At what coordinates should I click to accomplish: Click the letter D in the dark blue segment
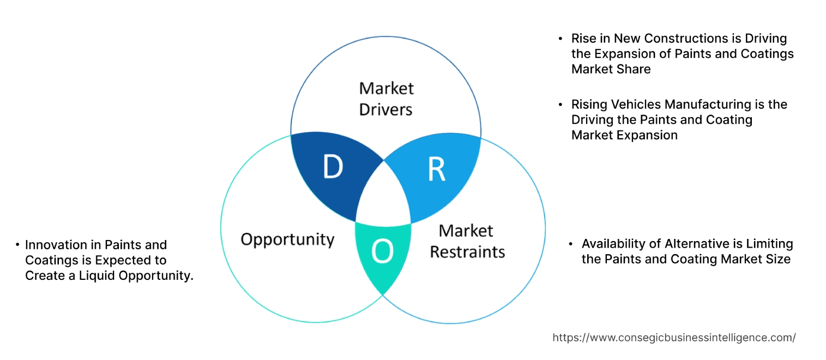(333, 167)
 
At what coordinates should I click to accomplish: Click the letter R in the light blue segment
(436, 170)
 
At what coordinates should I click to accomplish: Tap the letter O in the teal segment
(382, 251)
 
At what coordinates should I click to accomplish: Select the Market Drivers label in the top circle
(386, 99)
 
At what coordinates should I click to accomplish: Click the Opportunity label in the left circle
(287, 239)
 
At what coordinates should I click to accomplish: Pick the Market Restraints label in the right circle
(467, 241)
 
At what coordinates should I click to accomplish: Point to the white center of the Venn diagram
(384, 200)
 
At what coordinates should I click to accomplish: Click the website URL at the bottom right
(674, 338)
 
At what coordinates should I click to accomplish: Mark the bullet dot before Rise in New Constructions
(560, 39)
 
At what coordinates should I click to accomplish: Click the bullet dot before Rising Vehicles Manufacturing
(560, 105)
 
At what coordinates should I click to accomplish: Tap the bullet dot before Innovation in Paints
(18, 245)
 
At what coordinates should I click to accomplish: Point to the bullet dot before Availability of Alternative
(571, 244)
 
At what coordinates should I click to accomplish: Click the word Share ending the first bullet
(635, 69)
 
